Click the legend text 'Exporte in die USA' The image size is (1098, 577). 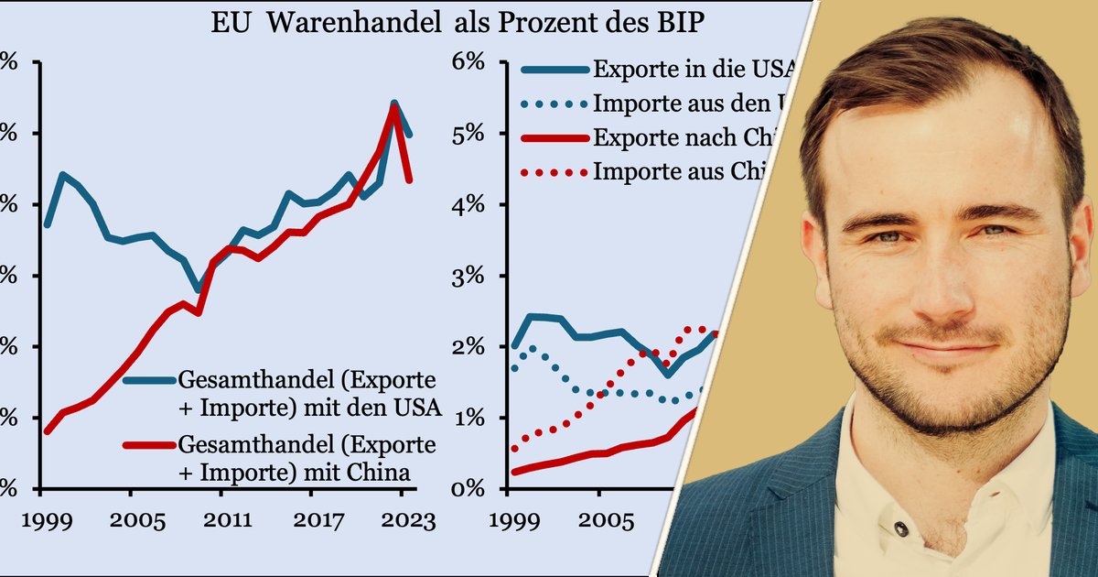[692, 69]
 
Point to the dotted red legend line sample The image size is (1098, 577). [554, 171]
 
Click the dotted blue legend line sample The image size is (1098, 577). [554, 103]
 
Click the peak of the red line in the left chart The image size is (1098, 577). [393, 106]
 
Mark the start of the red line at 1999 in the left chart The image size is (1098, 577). [46, 430]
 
